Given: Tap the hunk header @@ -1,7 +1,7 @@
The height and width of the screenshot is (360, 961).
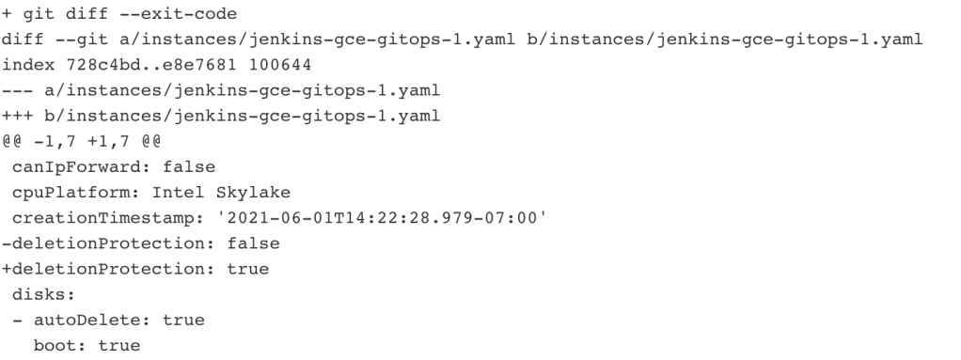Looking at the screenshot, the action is tap(82, 141).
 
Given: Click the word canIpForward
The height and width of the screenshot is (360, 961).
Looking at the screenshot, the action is tap(76, 167).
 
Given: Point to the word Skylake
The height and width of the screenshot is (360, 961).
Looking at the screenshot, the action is tap(253, 193).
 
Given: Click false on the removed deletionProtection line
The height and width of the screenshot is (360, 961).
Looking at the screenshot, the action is tap(253, 243).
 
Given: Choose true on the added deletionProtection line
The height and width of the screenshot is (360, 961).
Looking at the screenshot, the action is tap(247, 270).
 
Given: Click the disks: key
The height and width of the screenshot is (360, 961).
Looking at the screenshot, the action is tap(43, 295).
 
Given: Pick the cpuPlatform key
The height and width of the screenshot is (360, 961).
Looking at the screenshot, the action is tap(71, 193).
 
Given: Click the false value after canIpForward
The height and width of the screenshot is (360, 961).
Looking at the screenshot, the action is tap(189, 167).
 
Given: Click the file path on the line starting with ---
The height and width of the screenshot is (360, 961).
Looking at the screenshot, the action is tap(243, 90).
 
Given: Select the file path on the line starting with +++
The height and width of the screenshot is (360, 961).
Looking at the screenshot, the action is tap(243, 117).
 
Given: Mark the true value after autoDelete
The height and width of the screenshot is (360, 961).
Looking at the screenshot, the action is tap(183, 321).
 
